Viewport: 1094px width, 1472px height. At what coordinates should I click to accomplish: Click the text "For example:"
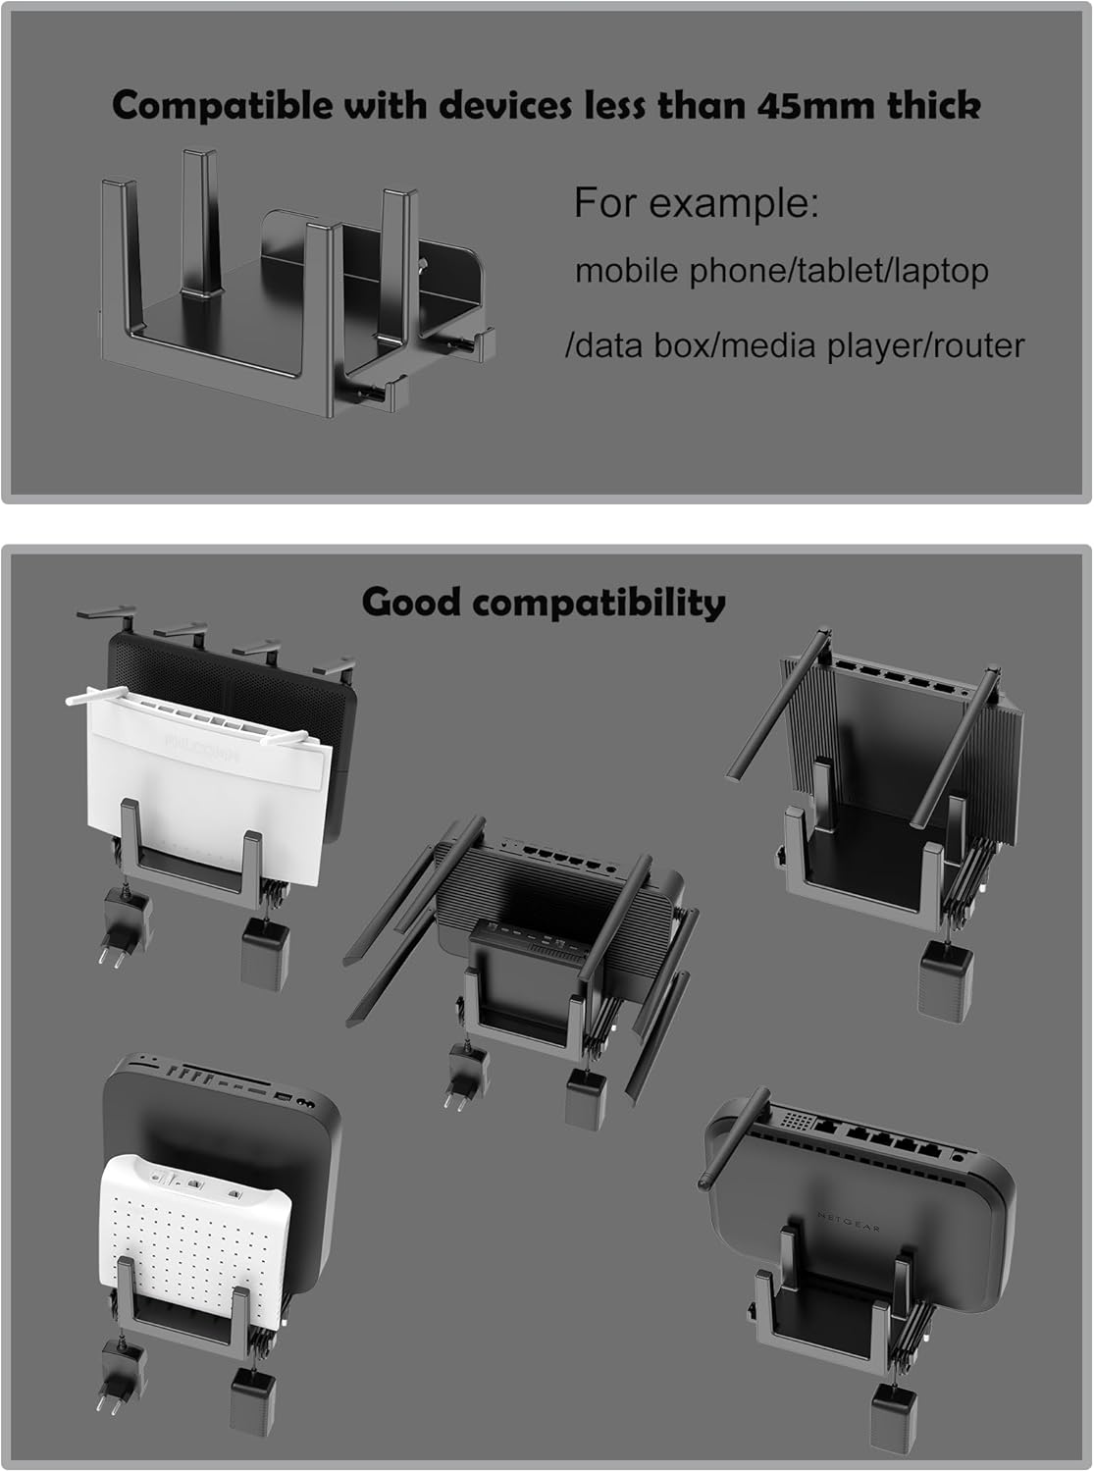point(696,203)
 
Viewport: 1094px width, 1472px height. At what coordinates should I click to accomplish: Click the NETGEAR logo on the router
point(849,1222)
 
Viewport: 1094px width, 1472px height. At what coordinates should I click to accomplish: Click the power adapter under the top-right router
point(945,981)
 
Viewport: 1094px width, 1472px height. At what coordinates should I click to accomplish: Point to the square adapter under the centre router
point(587,1099)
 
